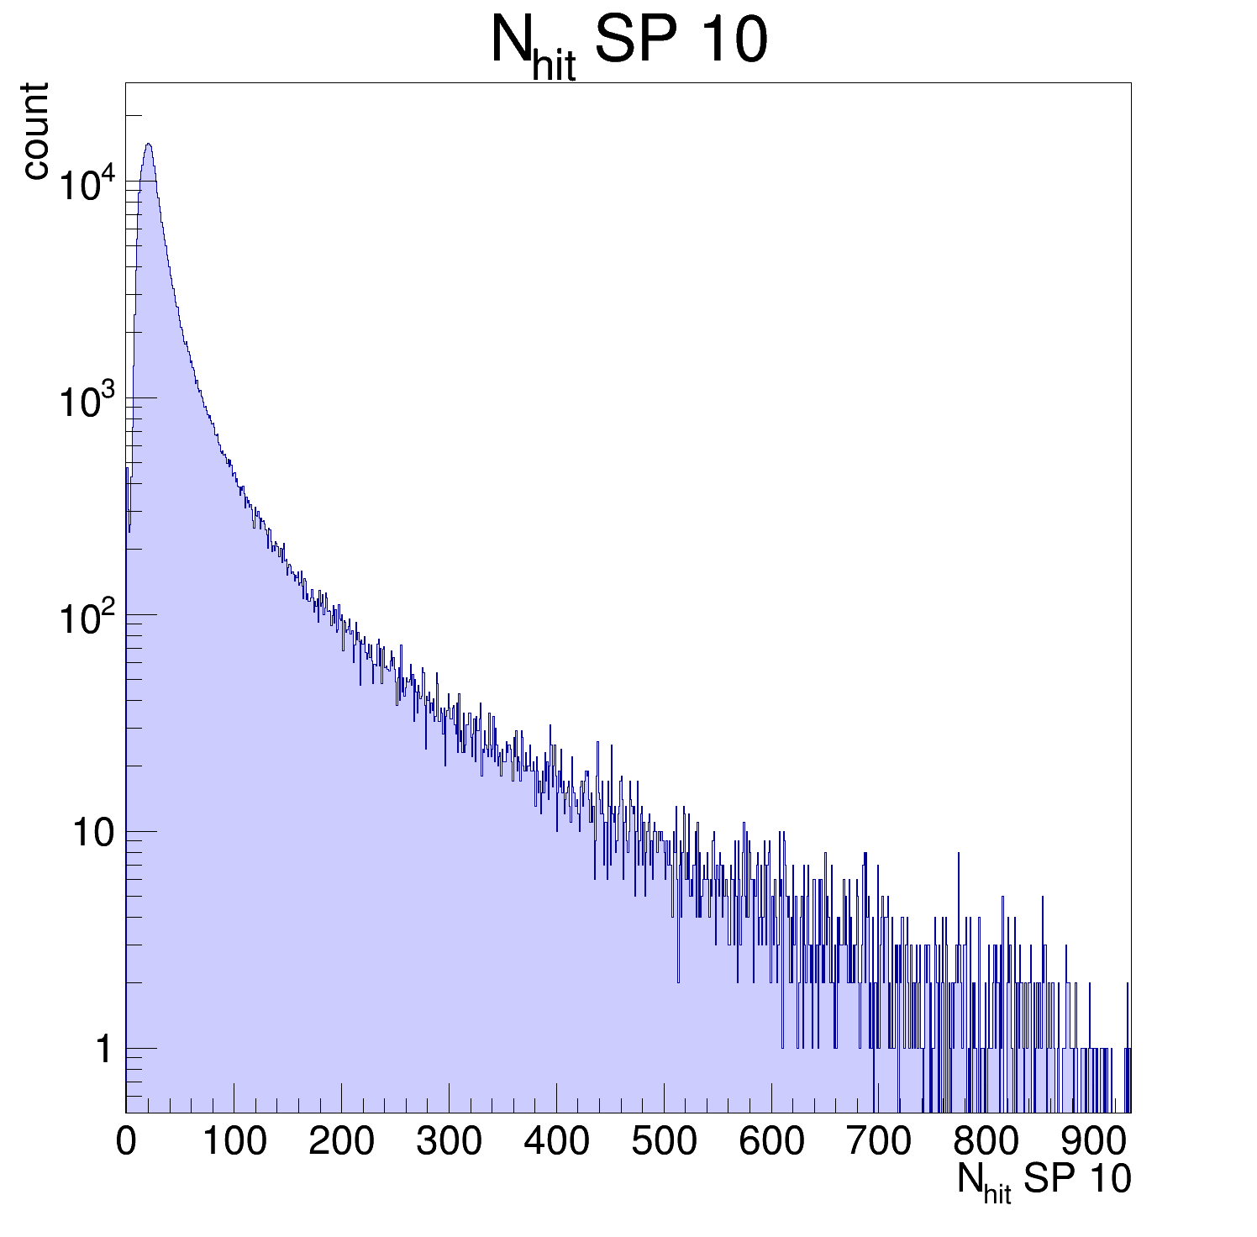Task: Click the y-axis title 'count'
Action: point(35,131)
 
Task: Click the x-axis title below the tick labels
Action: point(1044,1182)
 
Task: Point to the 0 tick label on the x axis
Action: point(126,1142)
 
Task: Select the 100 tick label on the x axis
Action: point(234,1142)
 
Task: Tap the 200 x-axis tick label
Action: point(341,1142)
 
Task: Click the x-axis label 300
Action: point(449,1142)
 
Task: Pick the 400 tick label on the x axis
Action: point(556,1142)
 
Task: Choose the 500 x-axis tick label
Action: point(664,1142)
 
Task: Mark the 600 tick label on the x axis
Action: point(771,1142)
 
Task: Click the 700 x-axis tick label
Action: point(879,1142)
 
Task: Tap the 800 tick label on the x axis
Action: point(986,1142)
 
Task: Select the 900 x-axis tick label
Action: point(1094,1142)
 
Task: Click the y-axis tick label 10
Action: point(92,834)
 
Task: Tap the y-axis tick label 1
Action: point(103,1050)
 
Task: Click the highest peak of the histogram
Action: point(148,145)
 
